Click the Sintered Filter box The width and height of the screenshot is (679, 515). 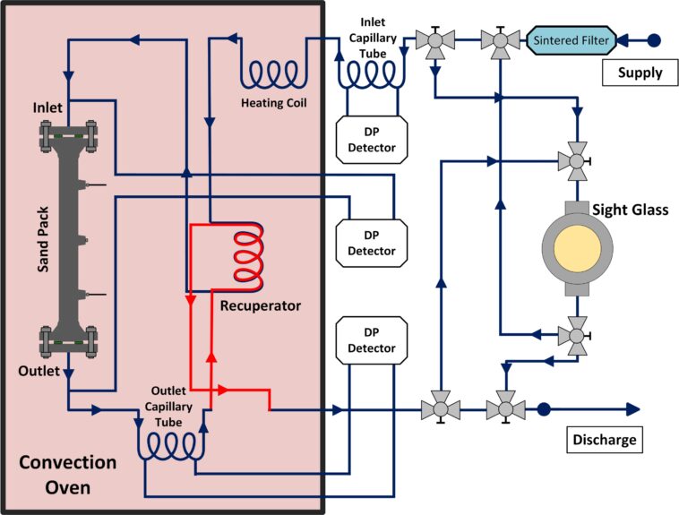(571, 39)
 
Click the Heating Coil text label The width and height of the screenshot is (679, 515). (273, 102)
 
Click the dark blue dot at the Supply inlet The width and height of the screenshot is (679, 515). (654, 39)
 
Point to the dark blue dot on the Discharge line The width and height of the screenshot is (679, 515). (544, 409)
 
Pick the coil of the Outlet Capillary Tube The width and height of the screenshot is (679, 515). (176, 444)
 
